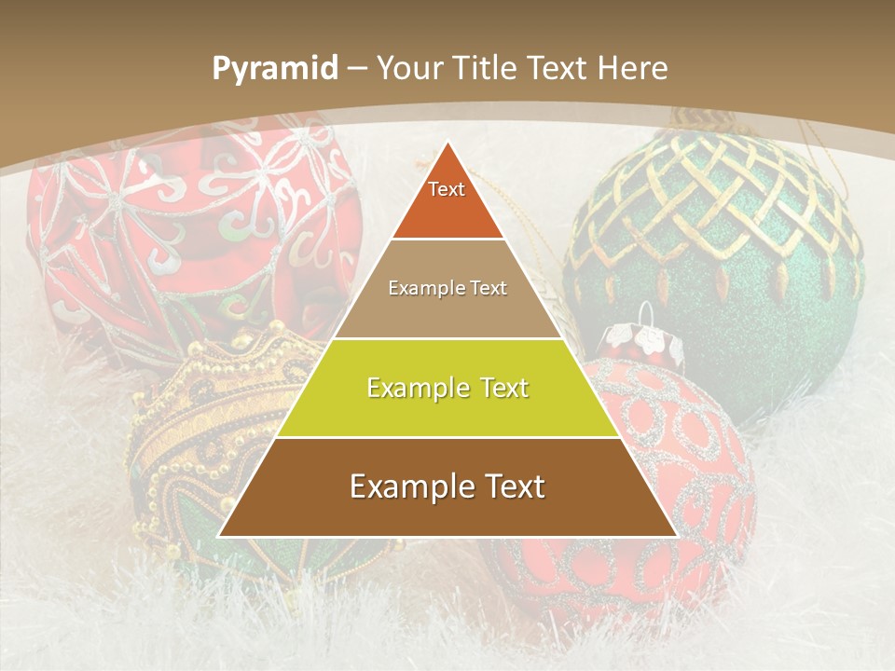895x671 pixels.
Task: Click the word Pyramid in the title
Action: click(x=274, y=69)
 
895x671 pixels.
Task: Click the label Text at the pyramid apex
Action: click(x=447, y=189)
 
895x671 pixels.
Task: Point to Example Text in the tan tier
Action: click(x=447, y=288)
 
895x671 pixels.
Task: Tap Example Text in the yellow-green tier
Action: click(x=447, y=388)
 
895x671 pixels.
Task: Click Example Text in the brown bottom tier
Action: click(x=447, y=486)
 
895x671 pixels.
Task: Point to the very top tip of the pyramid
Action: click(x=447, y=142)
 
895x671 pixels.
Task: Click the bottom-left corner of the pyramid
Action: click(x=219, y=536)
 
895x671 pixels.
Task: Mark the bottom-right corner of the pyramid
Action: click(x=676, y=536)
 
